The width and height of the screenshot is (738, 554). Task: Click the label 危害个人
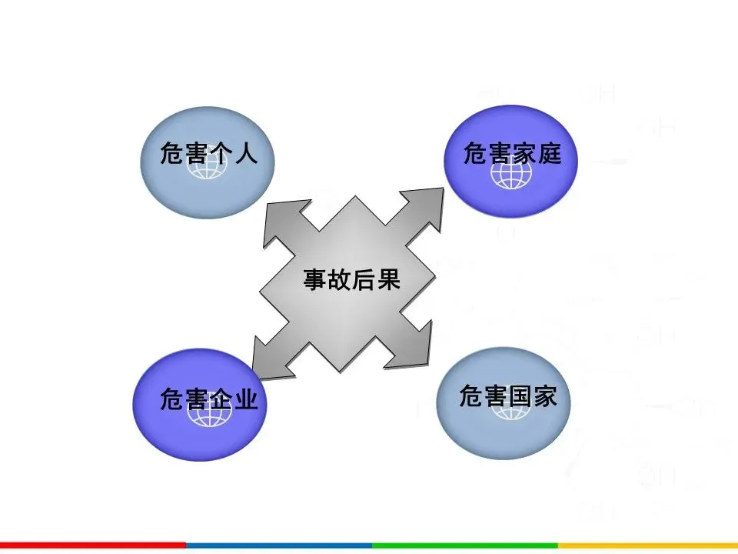click(x=207, y=154)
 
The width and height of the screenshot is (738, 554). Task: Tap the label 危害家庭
click(x=512, y=154)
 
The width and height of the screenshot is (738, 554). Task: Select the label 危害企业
click(x=208, y=400)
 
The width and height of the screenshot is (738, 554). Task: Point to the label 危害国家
click(x=508, y=397)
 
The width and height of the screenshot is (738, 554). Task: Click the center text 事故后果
click(x=352, y=279)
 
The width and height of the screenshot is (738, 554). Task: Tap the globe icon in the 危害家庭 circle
click(x=512, y=174)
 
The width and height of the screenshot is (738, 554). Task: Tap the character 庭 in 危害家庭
click(x=550, y=154)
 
